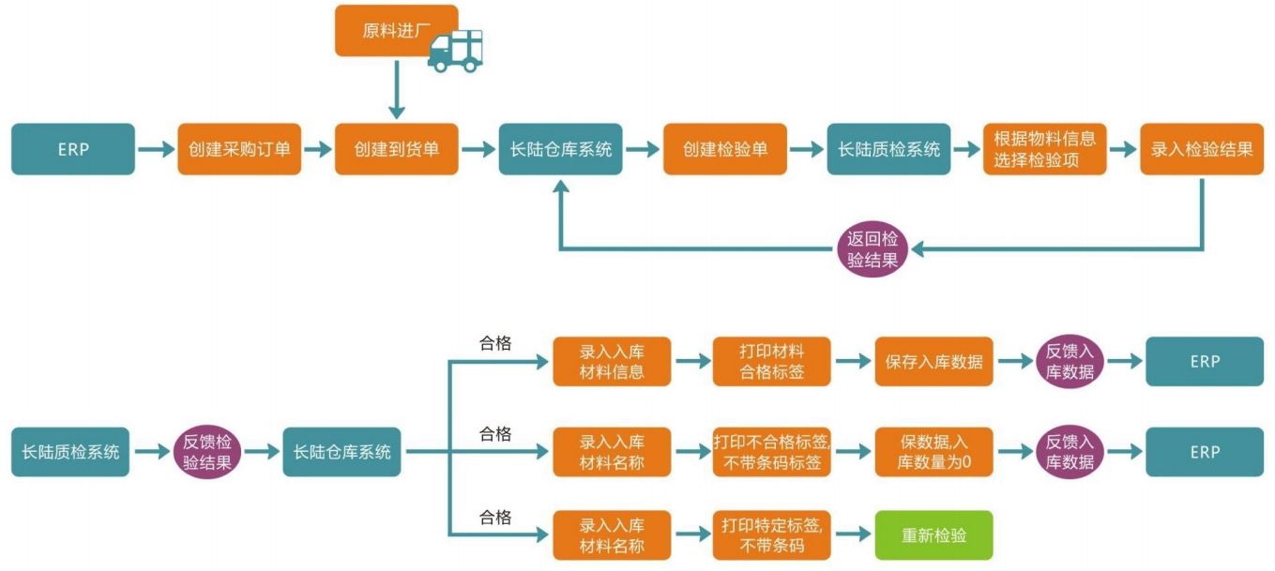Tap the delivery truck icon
coord(456,51)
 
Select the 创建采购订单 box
coord(239,149)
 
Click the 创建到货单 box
coord(396,149)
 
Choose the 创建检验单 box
coord(724,149)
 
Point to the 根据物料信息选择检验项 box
coord(1044,149)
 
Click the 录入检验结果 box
coord(1202,149)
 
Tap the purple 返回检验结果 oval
coord(873,249)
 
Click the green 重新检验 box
coord(933,535)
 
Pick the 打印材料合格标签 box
coord(771,361)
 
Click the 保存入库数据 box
coord(933,361)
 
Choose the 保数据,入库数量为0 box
coord(933,452)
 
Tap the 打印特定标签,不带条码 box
coord(771,535)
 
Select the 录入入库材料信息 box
coord(612,361)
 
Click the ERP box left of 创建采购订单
coord(73,149)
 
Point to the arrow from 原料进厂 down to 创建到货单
coord(396,89)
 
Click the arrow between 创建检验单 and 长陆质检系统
coord(806,149)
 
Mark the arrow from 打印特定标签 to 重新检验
coord(852,535)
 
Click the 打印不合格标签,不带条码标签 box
coord(771,452)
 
